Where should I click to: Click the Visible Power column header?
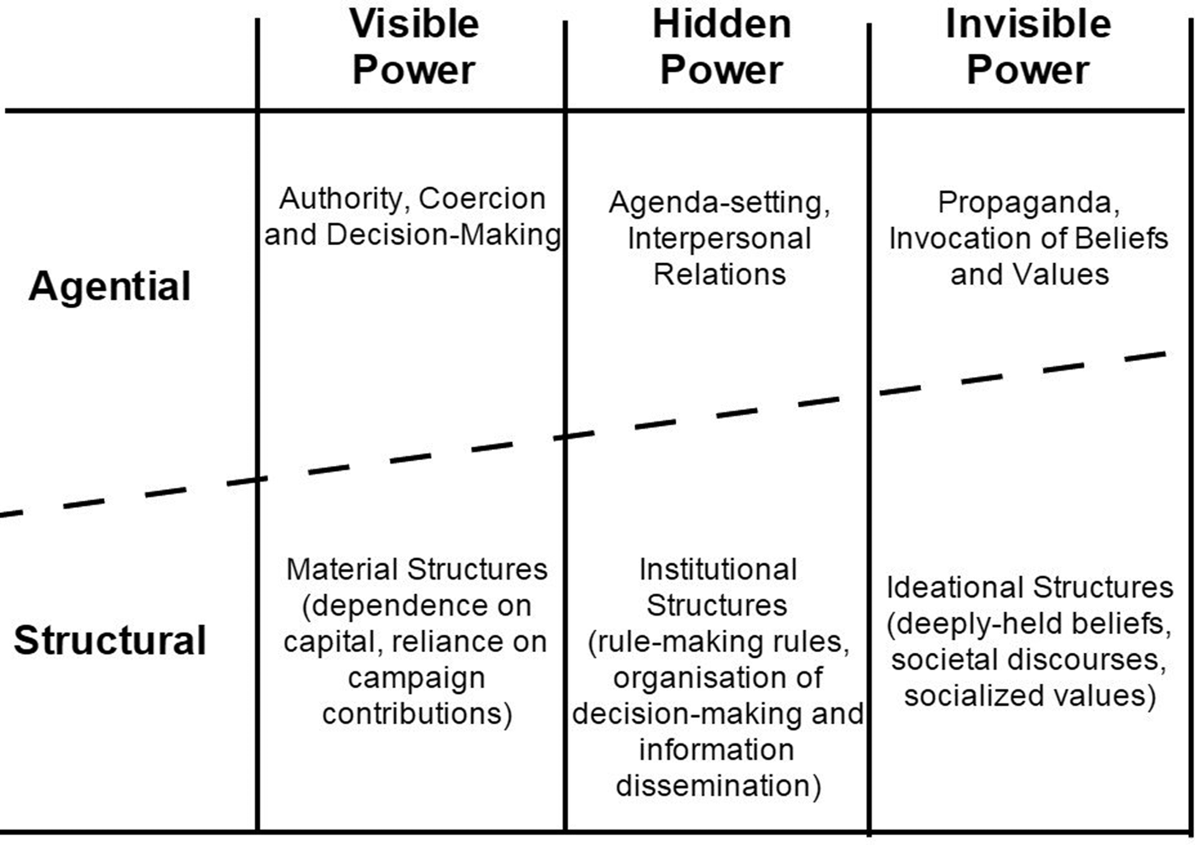[x=414, y=47]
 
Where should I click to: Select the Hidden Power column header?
[x=721, y=47]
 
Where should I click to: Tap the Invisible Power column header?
[x=1028, y=47]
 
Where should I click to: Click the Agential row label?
[x=109, y=286]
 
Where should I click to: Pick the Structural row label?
[x=109, y=640]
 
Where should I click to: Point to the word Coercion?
[x=482, y=199]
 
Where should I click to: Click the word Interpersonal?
[x=719, y=239]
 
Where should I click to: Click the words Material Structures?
[x=417, y=568]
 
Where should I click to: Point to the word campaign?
[x=417, y=678]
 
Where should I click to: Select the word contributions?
[x=415, y=714]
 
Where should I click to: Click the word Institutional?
[x=718, y=569]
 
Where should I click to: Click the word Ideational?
[x=951, y=587]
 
